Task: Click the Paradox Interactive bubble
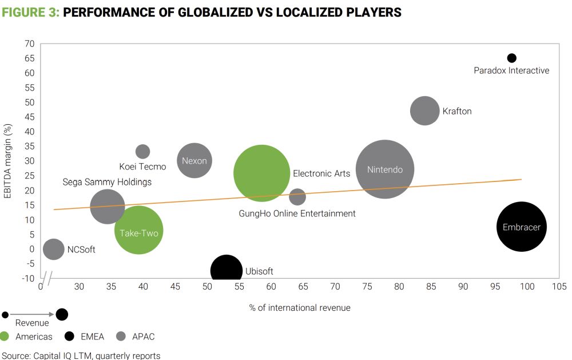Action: [512, 58]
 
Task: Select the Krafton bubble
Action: [424, 111]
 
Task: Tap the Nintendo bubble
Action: [385, 169]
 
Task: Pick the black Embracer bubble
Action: [521, 227]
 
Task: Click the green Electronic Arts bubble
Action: [262, 173]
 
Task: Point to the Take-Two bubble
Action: [138, 231]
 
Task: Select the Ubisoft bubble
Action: [227, 270]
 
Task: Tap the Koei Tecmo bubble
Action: [143, 152]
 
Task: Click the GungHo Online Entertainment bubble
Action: [297, 197]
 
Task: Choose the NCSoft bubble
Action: [54, 249]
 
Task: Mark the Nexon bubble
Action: [194, 161]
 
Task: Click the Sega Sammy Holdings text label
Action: [107, 182]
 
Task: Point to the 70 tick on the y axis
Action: [30, 43]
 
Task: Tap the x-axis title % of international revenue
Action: [300, 308]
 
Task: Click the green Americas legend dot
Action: [5, 337]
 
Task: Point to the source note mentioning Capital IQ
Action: [81, 355]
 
